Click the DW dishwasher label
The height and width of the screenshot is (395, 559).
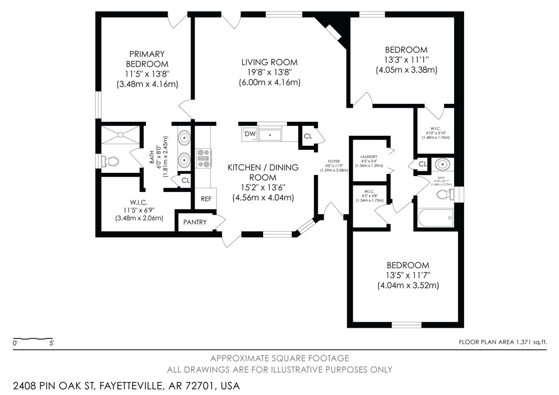point(250,134)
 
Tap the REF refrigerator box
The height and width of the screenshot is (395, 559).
point(206,199)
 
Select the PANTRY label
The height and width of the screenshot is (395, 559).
point(195,222)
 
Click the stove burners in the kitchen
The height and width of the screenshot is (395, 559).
point(204,158)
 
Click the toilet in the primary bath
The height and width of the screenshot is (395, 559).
point(111,160)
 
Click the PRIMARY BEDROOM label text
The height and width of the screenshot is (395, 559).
point(147,59)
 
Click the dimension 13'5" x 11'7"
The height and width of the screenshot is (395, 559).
point(407,276)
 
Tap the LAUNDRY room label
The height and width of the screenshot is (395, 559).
point(368,157)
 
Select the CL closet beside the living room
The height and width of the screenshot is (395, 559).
point(308,136)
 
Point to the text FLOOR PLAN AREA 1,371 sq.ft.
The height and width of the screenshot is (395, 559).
point(502,343)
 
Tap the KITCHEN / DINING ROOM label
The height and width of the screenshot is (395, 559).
point(263,172)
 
